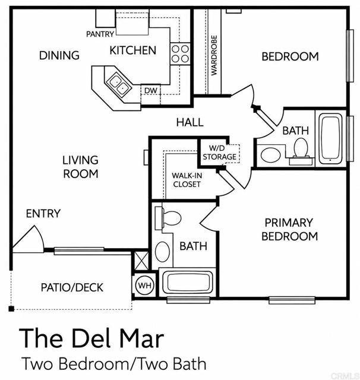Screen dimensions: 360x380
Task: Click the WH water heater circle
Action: [145, 285]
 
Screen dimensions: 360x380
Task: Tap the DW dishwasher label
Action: [150, 91]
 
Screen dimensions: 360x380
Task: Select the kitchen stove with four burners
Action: [180, 53]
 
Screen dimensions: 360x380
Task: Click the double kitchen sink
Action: [119, 84]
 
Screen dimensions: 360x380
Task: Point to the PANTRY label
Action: [100, 34]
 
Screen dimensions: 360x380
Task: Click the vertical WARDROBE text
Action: [214, 55]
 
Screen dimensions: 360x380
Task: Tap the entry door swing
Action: [29, 239]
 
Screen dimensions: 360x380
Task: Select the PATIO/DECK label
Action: [72, 287]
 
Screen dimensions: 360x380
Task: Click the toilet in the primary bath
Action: [168, 217]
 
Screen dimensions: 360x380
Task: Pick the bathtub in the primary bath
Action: [187, 283]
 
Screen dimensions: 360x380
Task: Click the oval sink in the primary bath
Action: [162, 251]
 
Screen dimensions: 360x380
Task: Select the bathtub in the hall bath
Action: [330, 139]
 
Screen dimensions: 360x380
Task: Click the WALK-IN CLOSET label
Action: [187, 180]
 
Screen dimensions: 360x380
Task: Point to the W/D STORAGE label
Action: [220, 153]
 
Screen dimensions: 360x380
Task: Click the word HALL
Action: [190, 122]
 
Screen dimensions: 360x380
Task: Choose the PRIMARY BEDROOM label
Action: [289, 230]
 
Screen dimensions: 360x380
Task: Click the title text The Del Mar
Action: [91, 338]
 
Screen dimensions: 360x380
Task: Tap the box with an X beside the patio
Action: [141, 261]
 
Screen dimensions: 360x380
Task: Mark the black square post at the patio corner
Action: [11, 309]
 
